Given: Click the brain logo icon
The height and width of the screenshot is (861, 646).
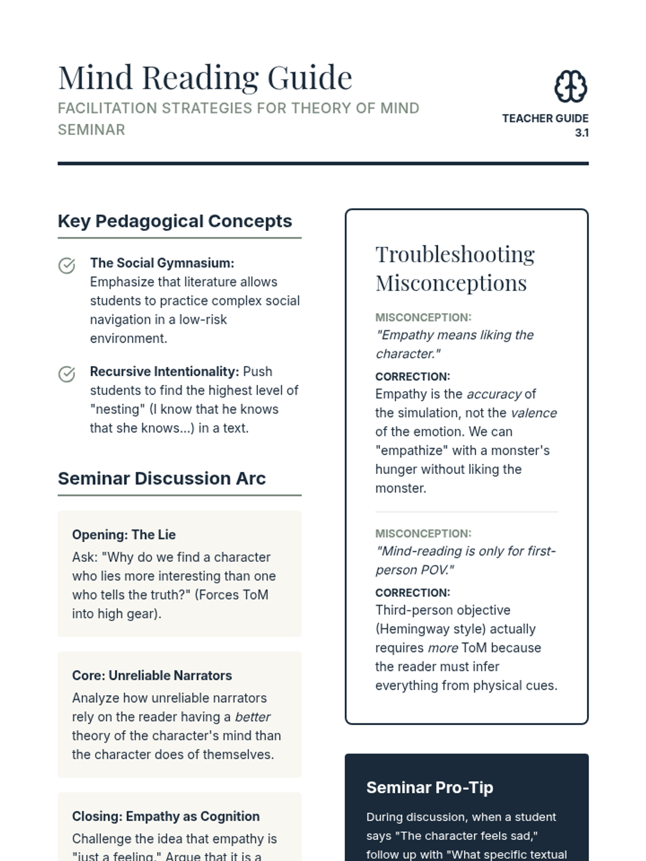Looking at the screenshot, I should [571, 86].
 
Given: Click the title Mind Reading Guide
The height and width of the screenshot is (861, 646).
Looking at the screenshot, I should [205, 77].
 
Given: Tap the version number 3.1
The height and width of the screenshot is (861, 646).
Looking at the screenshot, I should [581, 133].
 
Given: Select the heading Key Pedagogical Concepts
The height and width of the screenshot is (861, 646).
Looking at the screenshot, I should [174, 221].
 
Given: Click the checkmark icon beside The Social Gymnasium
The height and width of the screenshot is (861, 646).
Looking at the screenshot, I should [67, 265].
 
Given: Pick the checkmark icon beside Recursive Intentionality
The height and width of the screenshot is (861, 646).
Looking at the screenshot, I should [67, 374].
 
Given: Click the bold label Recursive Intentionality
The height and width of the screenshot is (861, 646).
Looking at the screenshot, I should [164, 371].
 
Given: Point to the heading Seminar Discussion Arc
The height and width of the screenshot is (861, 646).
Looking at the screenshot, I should [161, 478].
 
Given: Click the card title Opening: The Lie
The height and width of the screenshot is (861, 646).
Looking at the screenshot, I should [124, 534].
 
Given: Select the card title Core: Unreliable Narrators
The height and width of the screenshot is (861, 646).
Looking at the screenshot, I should [152, 675].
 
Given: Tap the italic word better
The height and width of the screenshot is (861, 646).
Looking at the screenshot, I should [252, 717].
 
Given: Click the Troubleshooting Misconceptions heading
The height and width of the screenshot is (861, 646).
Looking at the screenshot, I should [455, 269].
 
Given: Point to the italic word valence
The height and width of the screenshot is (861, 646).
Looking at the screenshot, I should [533, 413].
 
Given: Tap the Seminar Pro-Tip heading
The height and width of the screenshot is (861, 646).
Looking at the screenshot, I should [430, 787].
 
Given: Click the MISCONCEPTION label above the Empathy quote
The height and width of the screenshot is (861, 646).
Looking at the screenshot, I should [423, 317].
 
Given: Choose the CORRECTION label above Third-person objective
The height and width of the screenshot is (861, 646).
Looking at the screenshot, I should [412, 592].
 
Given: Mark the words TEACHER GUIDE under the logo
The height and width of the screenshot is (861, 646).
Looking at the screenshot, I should [545, 118].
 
